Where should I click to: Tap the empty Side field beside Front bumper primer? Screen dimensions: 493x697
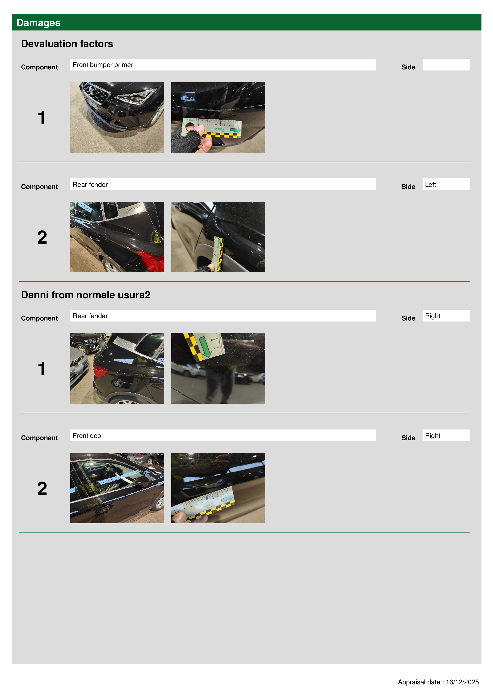[x=446, y=65]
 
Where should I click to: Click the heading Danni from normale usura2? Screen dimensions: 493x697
[x=86, y=295]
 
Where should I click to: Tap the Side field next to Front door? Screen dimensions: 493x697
[x=446, y=435]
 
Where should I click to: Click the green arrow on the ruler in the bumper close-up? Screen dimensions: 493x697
[x=235, y=130]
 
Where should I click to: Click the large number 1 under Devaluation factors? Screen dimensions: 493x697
[x=42, y=118]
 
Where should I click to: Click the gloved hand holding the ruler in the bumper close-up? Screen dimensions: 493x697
[x=188, y=140]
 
